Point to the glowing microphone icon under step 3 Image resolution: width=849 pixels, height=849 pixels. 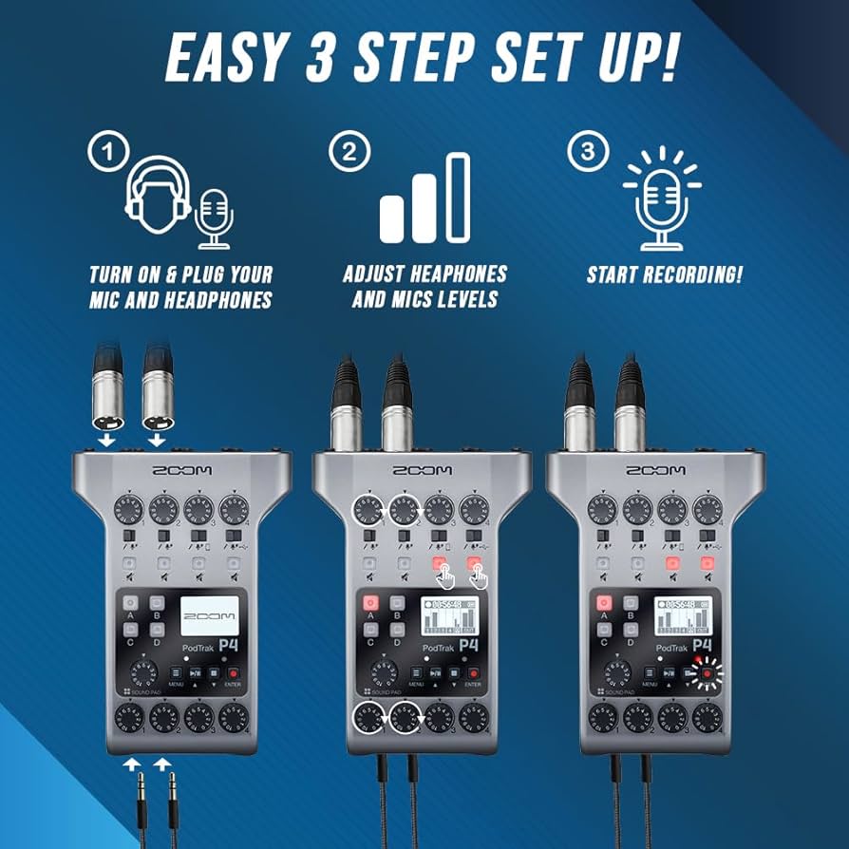tap(662, 199)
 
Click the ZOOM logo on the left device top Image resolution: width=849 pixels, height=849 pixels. tap(182, 470)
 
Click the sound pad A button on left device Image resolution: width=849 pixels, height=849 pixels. tap(129, 602)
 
